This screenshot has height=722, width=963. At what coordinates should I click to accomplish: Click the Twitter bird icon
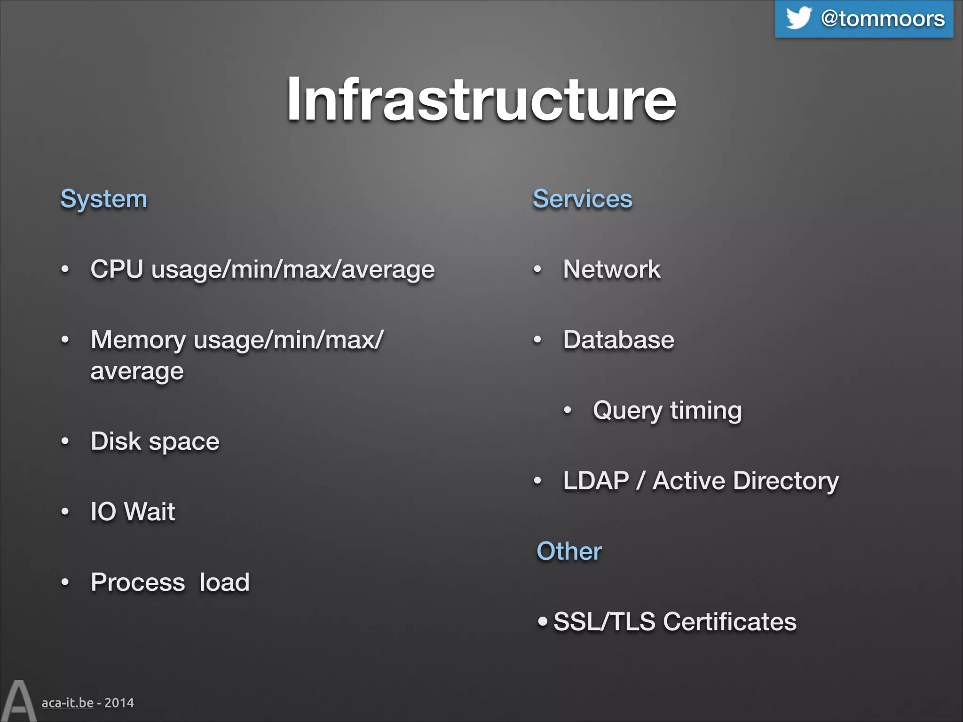click(x=798, y=18)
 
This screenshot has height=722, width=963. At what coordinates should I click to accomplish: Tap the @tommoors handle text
click(x=883, y=19)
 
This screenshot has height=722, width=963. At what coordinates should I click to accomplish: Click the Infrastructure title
click(x=481, y=99)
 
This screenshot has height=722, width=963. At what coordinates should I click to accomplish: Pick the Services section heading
click(x=582, y=199)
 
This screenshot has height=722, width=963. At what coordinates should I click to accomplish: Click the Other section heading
click(x=569, y=551)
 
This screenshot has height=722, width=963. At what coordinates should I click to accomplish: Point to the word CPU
click(x=117, y=269)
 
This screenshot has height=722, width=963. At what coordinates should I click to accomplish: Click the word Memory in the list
click(x=138, y=340)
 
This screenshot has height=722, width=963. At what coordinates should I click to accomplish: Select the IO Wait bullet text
click(x=133, y=512)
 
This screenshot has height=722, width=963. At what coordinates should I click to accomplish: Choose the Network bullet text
click(x=611, y=269)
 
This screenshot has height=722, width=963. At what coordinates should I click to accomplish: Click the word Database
click(x=618, y=340)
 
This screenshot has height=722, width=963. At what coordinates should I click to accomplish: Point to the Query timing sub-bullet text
click(x=667, y=411)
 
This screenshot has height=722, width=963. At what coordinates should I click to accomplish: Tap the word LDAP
click(x=596, y=481)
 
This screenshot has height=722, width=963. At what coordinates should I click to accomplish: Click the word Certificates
click(x=729, y=622)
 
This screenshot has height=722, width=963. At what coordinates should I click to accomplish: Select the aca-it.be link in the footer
click(x=67, y=703)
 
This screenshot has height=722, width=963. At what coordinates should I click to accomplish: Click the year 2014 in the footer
click(x=119, y=703)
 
